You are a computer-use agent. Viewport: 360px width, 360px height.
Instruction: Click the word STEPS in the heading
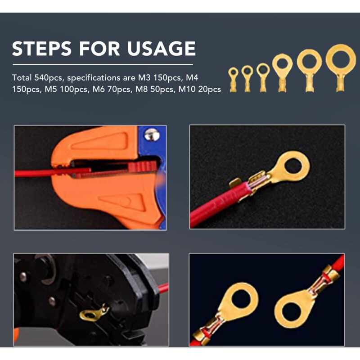(x=41, y=49)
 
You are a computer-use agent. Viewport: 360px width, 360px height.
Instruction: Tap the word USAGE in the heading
(x=161, y=49)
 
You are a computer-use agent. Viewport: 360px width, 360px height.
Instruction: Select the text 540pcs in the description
(x=49, y=78)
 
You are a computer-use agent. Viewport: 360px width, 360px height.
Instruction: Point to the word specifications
(x=94, y=78)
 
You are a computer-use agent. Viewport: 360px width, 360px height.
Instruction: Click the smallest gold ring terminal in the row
(x=233, y=79)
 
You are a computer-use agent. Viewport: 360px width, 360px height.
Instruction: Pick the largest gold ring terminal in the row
(x=341, y=68)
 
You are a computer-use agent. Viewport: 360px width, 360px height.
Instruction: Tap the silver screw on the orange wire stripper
(x=152, y=135)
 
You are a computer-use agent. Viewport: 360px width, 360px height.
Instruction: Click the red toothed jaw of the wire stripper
(x=142, y=166)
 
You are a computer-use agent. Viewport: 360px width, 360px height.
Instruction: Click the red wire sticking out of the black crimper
(x=163, y=288)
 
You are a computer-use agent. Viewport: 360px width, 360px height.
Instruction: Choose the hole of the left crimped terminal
(x=242, y=298)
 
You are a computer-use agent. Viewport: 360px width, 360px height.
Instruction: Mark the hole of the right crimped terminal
(x=291, y=312)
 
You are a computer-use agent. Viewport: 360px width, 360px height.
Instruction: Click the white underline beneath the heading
(x=103, y=65)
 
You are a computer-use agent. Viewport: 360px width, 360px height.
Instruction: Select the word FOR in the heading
(x=99, y=49)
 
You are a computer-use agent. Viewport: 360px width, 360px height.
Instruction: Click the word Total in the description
(x=22, y=77)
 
